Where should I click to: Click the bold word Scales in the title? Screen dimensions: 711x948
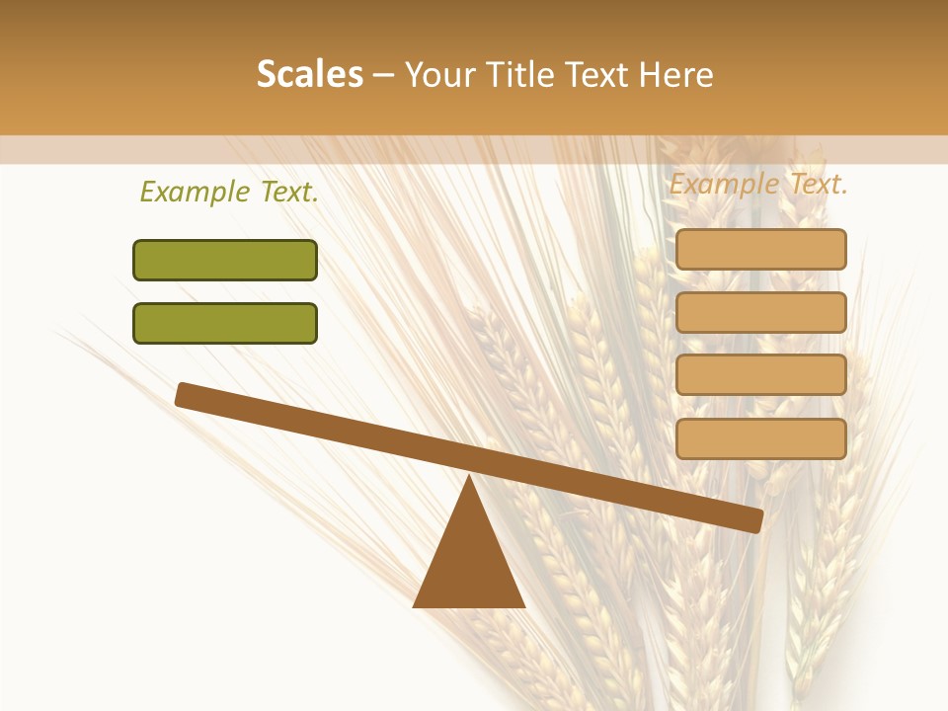pos(310,74)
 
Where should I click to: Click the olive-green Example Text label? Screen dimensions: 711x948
pos(229,193)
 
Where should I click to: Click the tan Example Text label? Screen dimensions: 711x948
pos(758,184)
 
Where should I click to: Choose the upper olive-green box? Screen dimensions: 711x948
pos(225,260)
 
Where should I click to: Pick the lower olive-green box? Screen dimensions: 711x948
pos(225,323)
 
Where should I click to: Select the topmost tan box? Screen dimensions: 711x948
pos(761,249)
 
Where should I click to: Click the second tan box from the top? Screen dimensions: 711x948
pos(761,312)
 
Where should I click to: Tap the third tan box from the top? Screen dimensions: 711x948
pos(761,375)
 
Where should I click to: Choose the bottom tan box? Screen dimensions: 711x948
pos(761,438)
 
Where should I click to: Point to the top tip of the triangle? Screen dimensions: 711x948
pos(470,478)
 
